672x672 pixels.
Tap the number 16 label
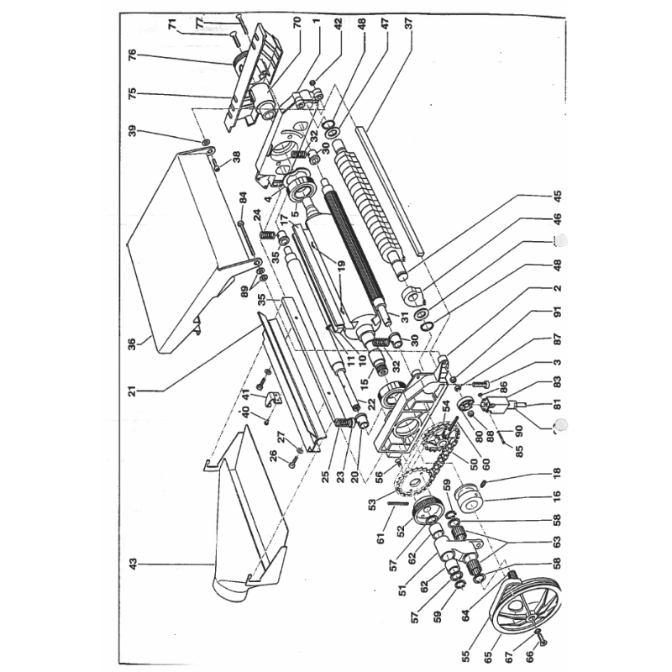(x=556, y=496)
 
